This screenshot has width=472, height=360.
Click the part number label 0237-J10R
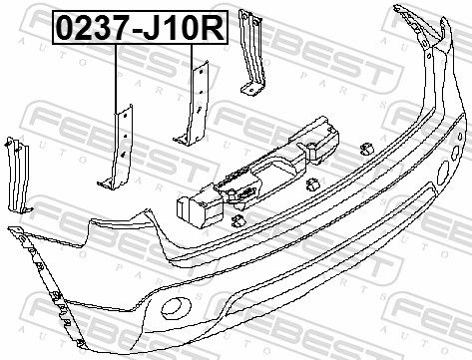point(140,27)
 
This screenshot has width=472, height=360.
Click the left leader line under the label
point(116,79)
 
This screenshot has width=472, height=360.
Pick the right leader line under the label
point(192,57)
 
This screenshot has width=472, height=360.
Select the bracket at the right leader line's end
point(193,104)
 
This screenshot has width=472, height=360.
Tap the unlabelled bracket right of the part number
point(252,53)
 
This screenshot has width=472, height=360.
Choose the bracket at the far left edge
point(18,176)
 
